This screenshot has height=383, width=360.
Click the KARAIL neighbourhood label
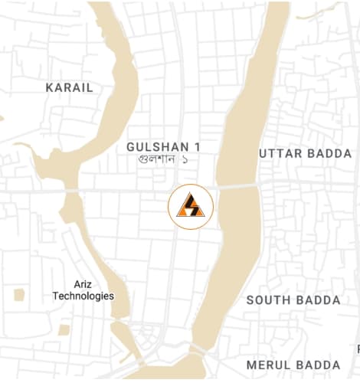(69, 87)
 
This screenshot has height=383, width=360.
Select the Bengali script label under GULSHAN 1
(162, 159)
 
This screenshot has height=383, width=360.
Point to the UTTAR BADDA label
(305, 154)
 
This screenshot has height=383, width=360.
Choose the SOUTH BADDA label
(293, 300)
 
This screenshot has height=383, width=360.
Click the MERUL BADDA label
(293, 365)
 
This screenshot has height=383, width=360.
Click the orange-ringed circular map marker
(191, 205)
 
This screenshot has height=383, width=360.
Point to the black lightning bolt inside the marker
(190, 206)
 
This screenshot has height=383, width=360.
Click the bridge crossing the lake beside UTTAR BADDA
(236, 186)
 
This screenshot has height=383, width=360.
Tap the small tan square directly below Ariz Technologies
(64, 329)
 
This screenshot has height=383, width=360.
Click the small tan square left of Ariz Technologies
(18, 294)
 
